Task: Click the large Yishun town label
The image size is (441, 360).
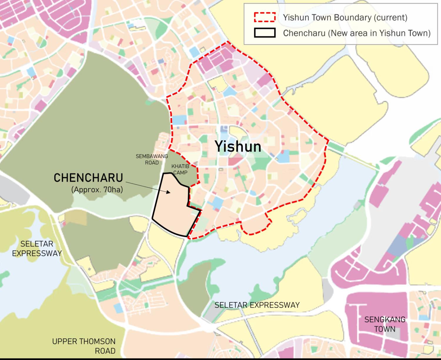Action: (238, 146)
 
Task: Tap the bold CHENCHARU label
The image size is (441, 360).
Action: (88, 178)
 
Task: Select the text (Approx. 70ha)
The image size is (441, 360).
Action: (97, 190)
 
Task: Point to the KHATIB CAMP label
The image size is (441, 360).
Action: (180, 169)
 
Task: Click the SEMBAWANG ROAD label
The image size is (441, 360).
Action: (152, 159)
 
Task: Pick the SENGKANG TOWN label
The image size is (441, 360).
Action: (385, 324)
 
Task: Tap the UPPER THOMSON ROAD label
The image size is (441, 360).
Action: (84, 346)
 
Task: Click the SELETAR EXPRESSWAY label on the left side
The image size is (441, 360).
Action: (37, 249)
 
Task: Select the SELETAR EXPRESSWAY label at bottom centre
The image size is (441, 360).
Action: (257, 305)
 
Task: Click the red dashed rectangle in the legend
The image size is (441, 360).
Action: (265, 17)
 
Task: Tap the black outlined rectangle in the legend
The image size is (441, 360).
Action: (265, 33)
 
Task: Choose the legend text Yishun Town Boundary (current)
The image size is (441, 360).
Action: (345, 17)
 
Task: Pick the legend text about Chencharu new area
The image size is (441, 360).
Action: (357, 33)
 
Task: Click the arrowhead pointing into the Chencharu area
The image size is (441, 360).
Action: (168, 192)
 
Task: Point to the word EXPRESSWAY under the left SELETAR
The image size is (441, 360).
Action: (37, 253)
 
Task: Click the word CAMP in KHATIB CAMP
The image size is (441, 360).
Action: (180, 173)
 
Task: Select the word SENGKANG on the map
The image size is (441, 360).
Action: (385, 319)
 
